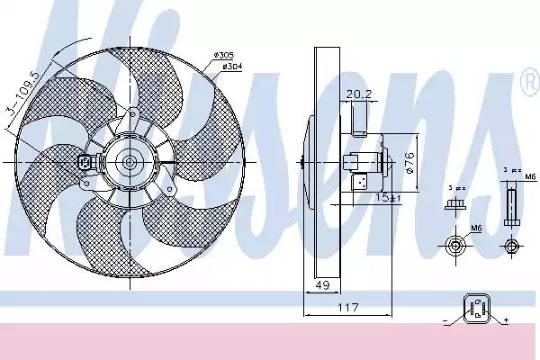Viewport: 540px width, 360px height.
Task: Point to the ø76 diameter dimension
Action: tap(409, 162)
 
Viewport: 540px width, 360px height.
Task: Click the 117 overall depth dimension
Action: tap(347, 308)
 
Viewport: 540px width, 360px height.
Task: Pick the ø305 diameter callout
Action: tap(224, 56)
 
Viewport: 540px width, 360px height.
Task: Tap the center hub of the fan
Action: tap(129, 163)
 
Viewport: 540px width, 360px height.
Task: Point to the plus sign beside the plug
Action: tap(506, 321)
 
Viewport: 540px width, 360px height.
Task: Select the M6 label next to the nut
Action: tap(475, 230)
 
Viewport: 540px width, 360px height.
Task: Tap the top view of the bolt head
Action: tap(512, 245)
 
